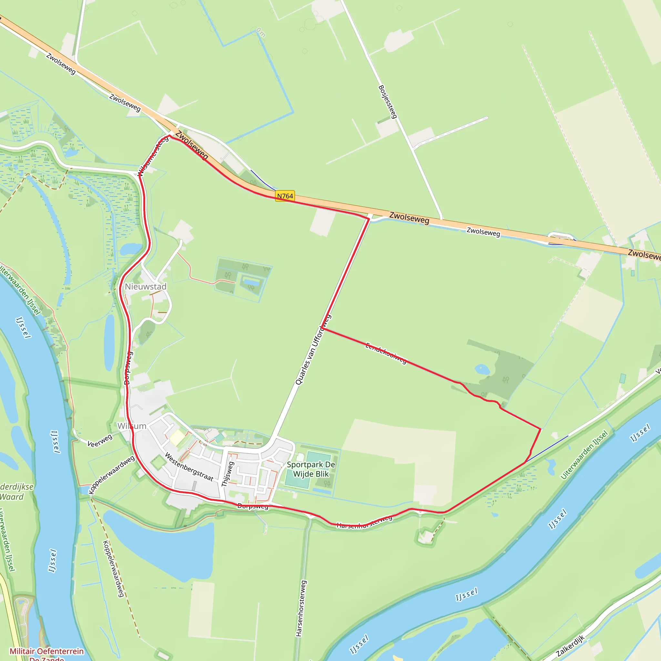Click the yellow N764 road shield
(x=285, y=196)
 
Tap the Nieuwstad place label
(x=146, y=287)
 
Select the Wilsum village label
(x=132, y=426)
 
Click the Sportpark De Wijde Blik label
(x=311, y=469)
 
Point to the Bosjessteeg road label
(x=388, y=102)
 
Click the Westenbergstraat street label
(x=189, y=467)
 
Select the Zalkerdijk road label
(x=570, y=646)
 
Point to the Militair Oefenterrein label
(x=46, y=651)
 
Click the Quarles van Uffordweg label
(x=313, y=350)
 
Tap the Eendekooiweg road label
(x=386, y=353)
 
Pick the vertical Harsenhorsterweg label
(x=300, y=608)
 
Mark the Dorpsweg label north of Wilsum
(x=127, y=368)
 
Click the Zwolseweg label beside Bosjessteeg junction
(x=409, y=218)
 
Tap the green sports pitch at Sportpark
(x=318, y=457)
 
